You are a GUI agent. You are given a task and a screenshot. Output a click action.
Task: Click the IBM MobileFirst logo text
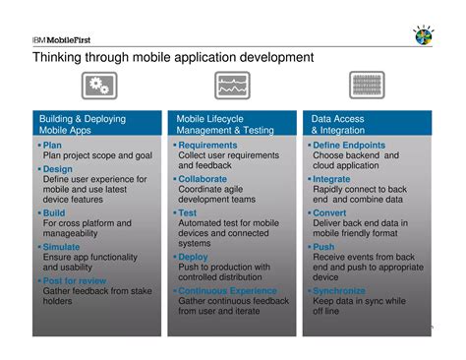click(60, 39)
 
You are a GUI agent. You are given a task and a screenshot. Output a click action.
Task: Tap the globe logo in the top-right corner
click(424, 36)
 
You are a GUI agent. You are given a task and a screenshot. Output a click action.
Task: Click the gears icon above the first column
click(98, 87)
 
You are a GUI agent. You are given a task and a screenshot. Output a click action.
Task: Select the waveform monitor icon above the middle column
click(233, 87)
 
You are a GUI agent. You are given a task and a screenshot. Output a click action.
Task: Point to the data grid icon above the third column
click(368, 87)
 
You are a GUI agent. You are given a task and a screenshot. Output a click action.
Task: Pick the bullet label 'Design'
click(58, 169)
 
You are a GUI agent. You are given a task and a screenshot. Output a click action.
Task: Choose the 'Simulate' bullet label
click(62, 247)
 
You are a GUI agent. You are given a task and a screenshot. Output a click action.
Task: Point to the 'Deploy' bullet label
click(194, 257)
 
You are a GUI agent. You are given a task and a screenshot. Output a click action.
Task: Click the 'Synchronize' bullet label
click(339, 291)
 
